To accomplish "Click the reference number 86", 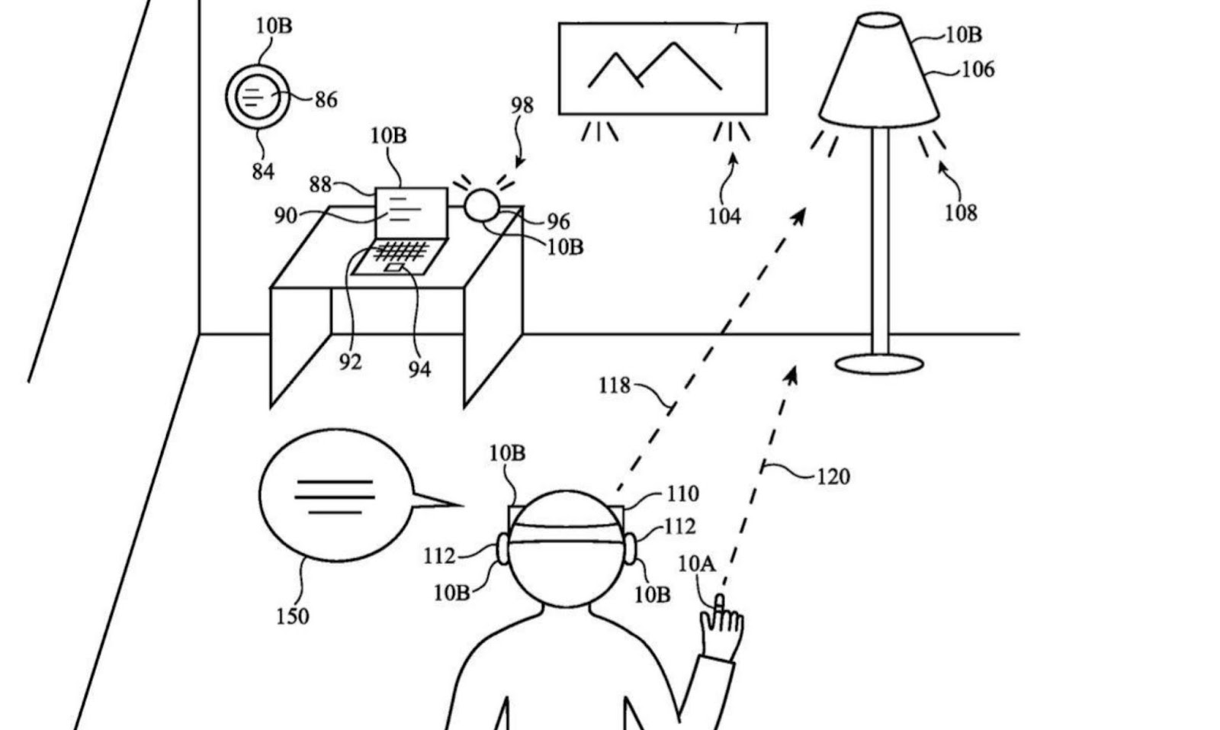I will pyautogui.click(x=326, y=100).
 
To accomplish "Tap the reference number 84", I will pyautogui.click(x=262, y=171).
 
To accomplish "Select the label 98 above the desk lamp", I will pyautogui.click(x=522, y=105).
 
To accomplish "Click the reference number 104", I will pyautogui.click(x=724, y=217).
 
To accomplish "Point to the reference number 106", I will pyautogui.click(x=978, y=69).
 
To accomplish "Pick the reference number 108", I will pyautogui.click(x=961, y=212).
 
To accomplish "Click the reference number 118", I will pyautogui.click(x=615, y=386).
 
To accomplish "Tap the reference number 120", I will pyautogui.click(x=833, y=477).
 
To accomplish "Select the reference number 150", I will pyautogui.click(x=292, y=616).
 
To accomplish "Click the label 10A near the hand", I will pyautogui.click(x=696, y=564).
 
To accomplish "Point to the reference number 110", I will pyautogui.click(x=682, y=494).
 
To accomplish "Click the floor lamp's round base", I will pyautogui.click(x=879, y=364).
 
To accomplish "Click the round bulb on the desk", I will pyautogui.click(x=481, y=204).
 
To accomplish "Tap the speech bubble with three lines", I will pyautogui.click(x=335, y=495).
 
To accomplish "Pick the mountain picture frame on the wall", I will pyautogui.click(x=663, y=69).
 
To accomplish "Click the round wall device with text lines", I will pyautogui.click(x=257, y=97).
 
